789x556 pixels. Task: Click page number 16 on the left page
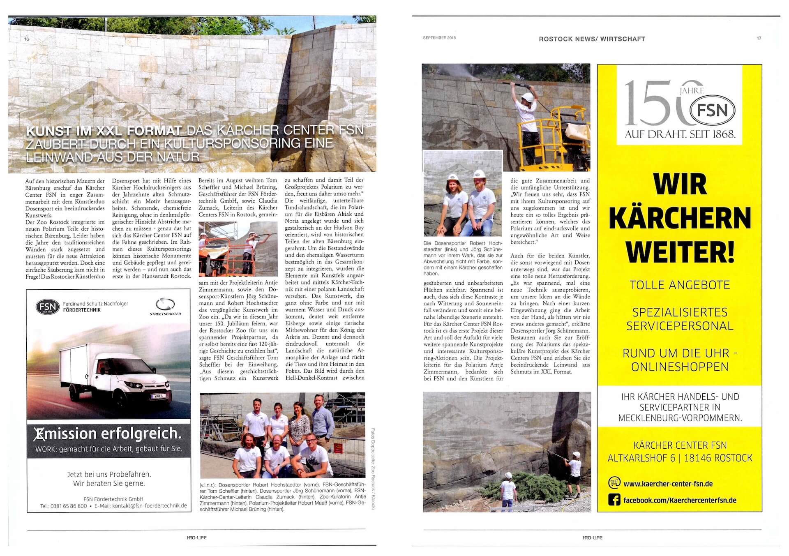[x=27, y=39]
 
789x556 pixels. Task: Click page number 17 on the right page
[x=759, y=38]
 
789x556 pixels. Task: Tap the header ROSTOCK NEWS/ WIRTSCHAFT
[x=592, y=39]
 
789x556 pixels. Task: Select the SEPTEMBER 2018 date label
[x=439, y=38]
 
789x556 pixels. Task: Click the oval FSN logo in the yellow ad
[x=712, y=110]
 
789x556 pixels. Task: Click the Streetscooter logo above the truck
[x=165, y=307]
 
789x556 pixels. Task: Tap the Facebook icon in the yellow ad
[x=614, y=500]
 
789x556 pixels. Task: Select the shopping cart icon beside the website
[x=614, y=482]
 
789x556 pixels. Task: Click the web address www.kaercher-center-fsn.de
[x=668, y=484]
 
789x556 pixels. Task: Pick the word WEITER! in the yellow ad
[x=680, y=251]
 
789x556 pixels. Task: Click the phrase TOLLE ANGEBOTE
[x=680, y=285]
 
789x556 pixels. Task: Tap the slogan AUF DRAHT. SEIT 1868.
[x=680, y=134]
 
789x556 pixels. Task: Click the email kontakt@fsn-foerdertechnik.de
[x=150, y=506]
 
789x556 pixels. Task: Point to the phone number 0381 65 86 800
[x=69, y=506]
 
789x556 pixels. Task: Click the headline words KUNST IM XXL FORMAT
[x=104, y=132]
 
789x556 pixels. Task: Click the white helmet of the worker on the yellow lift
[x=527, y=97]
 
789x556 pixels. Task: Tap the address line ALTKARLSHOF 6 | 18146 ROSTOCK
[x=680, y=458]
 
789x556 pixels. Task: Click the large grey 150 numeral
[x=653, y=104]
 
